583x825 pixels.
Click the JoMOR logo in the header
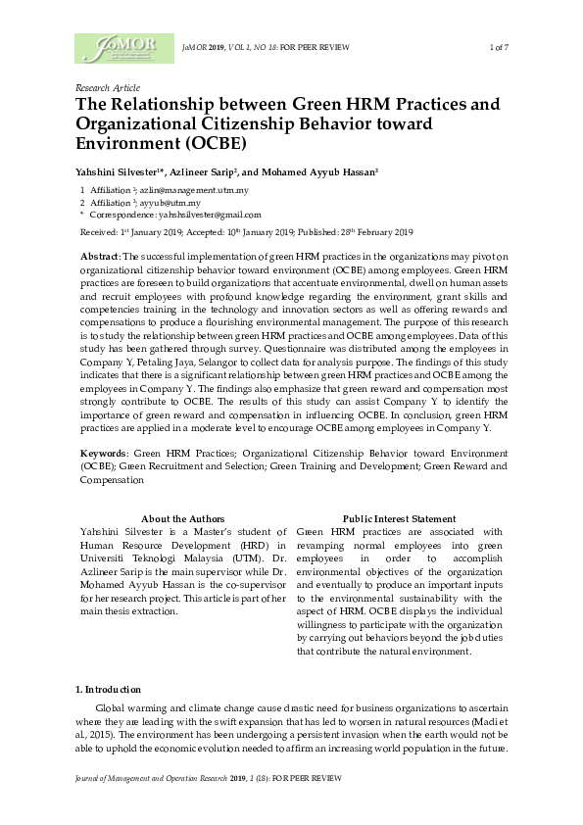click(117, 48)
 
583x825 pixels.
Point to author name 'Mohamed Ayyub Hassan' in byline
click(316, 170)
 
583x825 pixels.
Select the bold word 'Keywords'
click(103, 455)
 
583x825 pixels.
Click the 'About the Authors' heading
click(183, 518)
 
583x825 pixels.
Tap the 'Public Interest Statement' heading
click(399, 518)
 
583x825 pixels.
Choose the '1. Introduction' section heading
click(109, 690)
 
